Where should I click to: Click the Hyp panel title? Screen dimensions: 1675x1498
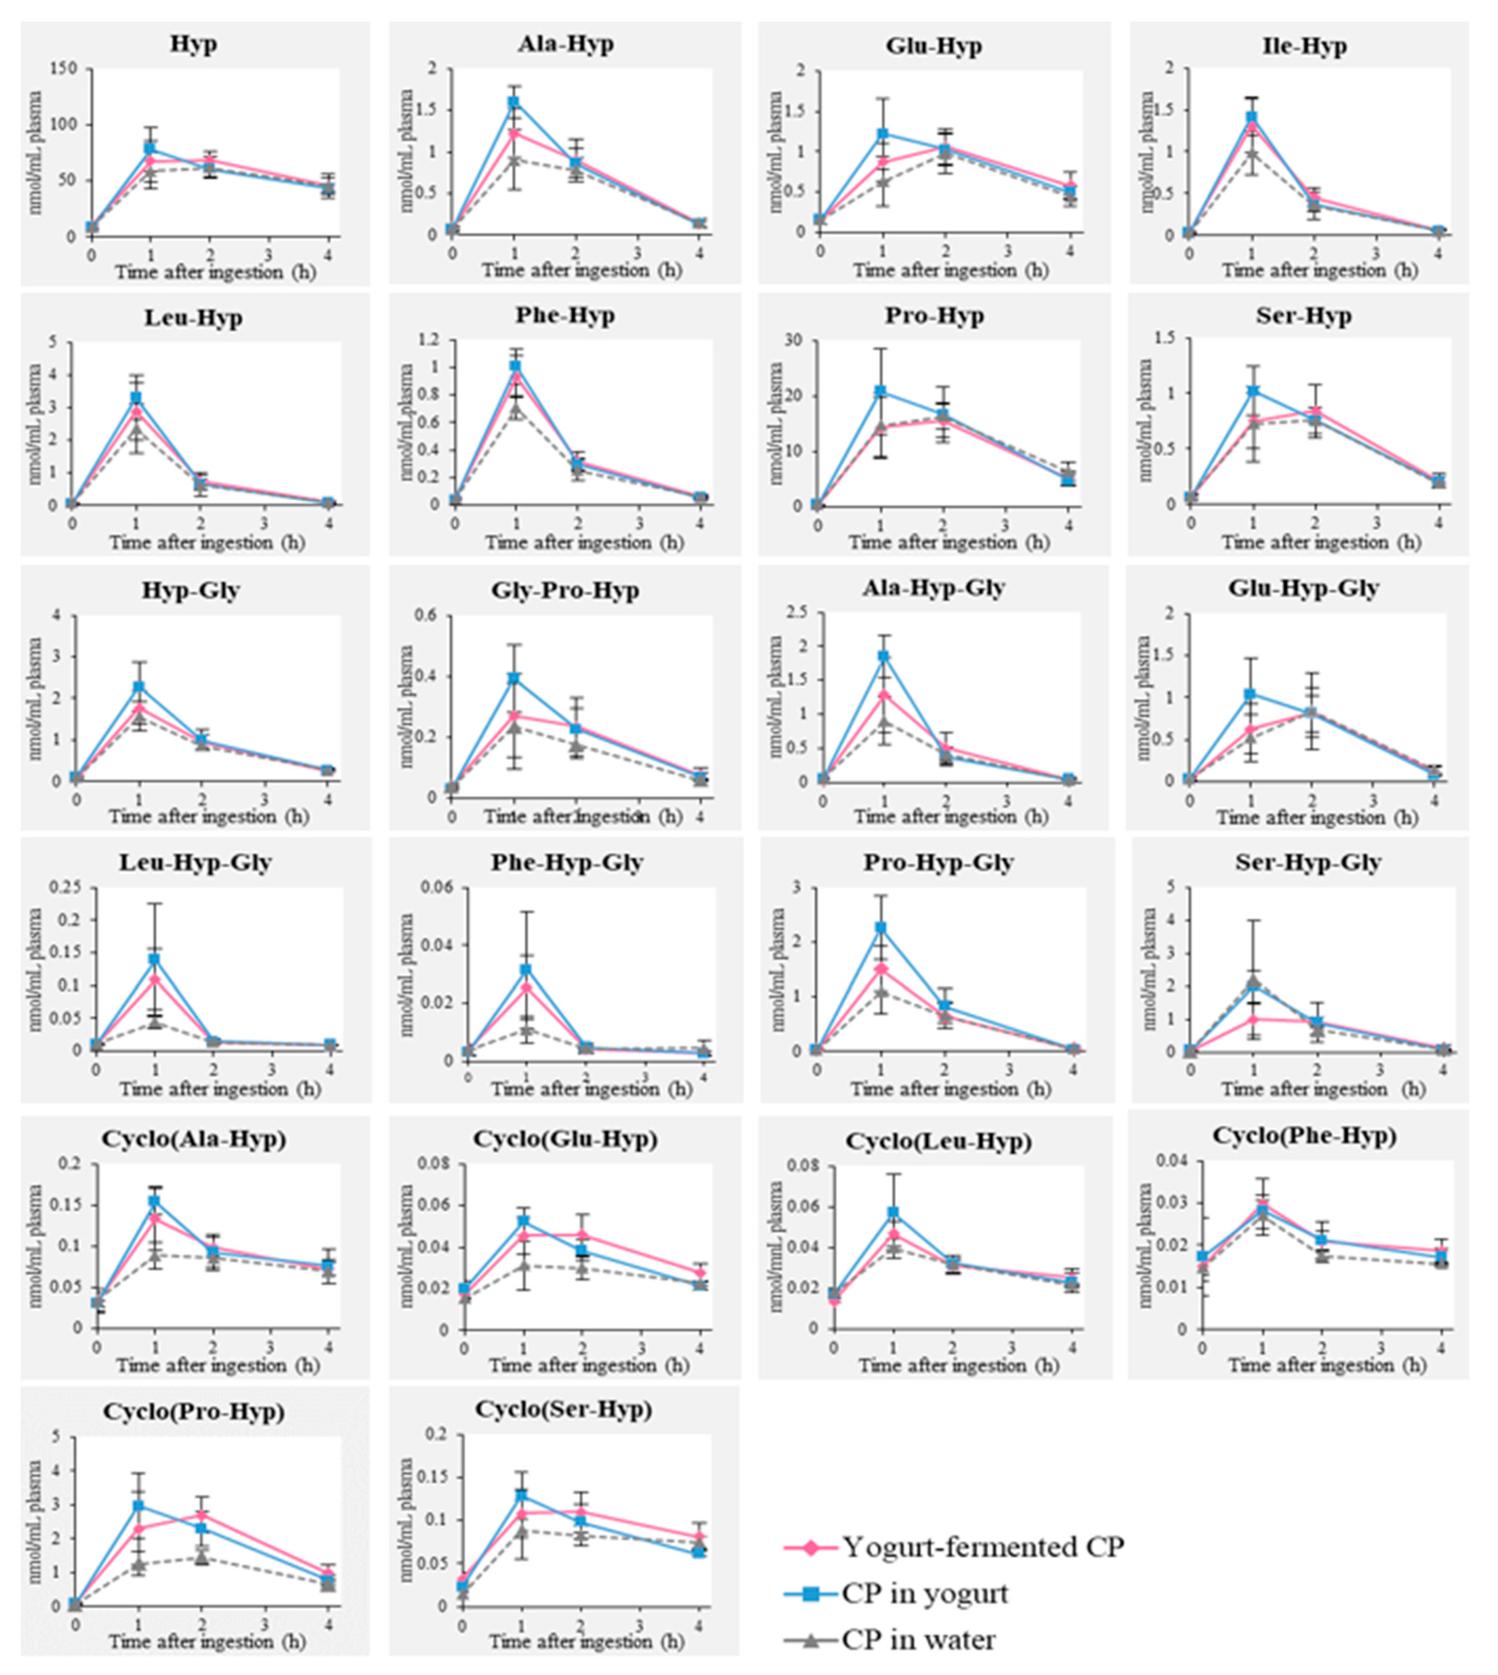pyautogui.click(x=194, y=45)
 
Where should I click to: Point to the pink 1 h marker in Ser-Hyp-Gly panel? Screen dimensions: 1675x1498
pyautogui.click(x=1253, y=1019)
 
